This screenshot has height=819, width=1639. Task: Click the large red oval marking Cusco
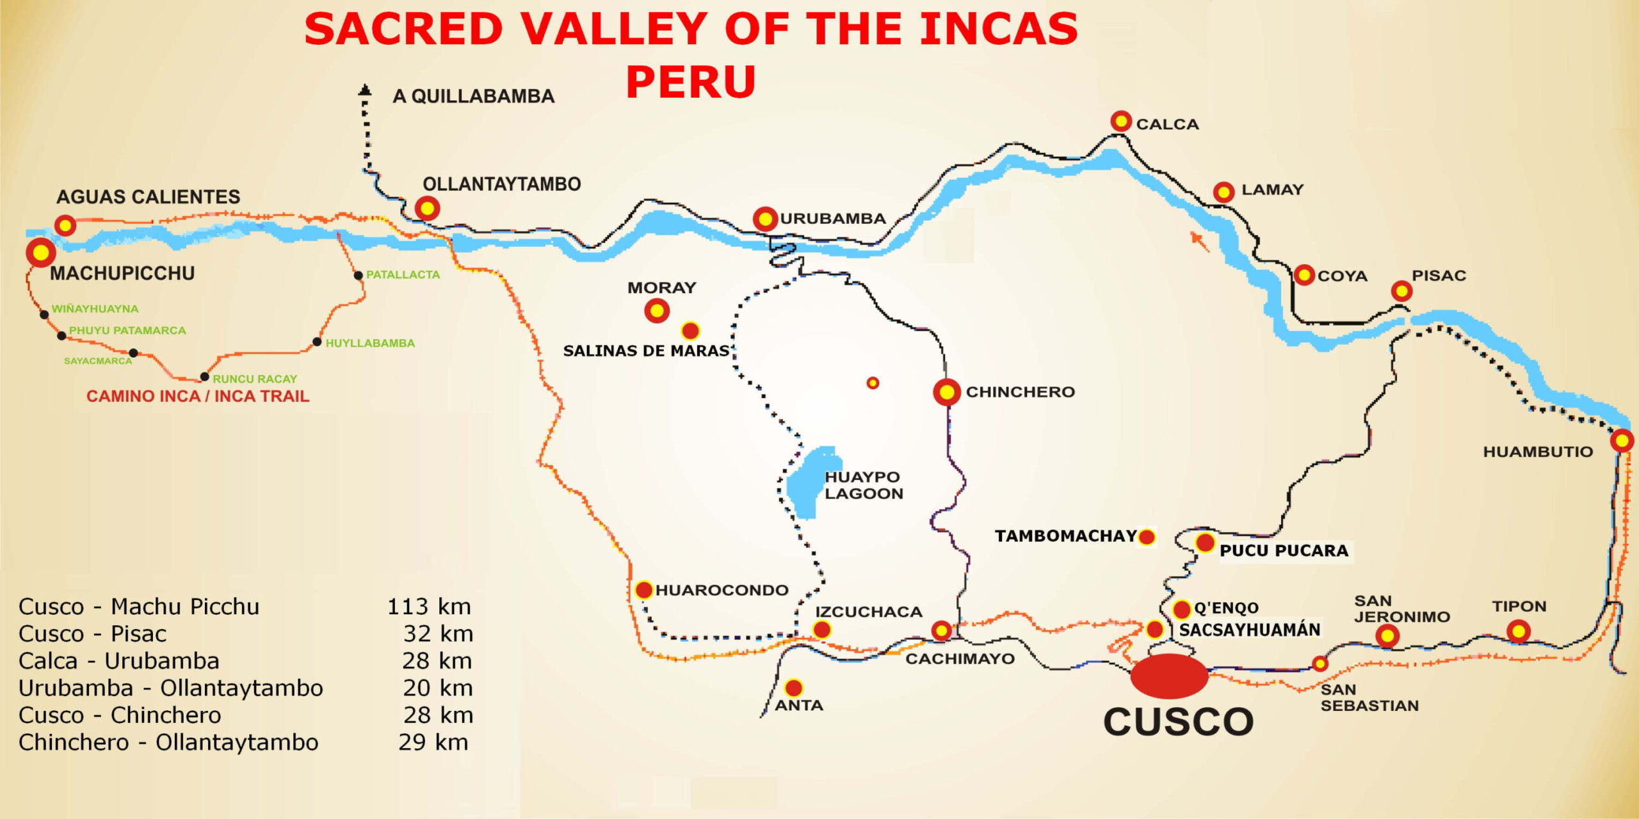1169,676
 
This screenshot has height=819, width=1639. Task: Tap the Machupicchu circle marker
41,253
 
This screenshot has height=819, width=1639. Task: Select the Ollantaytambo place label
501,184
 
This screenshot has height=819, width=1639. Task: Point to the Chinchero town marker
947,392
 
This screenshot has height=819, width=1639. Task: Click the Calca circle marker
1121,121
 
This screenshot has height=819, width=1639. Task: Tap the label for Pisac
1439,276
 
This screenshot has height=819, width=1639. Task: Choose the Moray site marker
657,311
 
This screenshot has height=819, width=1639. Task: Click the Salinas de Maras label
646,351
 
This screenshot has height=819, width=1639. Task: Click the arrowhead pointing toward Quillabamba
365,90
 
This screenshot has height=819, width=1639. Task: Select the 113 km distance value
429,607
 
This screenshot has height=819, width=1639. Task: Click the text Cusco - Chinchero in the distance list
120,715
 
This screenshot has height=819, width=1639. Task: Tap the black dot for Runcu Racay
204,377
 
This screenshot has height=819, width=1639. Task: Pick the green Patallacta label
403,274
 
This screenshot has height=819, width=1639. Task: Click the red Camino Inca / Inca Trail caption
198,396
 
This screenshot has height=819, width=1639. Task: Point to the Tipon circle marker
1518,632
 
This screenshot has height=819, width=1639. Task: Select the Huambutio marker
1622,441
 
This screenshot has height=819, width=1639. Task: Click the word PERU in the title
691,82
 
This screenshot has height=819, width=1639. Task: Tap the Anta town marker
794,688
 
